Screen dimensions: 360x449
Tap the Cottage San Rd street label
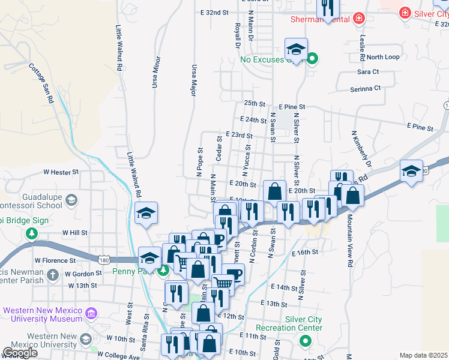[41, 83]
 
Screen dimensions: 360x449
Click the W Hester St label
[61, 172]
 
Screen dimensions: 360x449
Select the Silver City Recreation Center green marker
[306, 341]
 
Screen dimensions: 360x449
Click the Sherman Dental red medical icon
[359, 19]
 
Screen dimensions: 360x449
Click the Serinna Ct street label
[366, 88]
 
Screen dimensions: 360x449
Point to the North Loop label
[383, 57]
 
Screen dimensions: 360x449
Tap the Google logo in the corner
[20, 353]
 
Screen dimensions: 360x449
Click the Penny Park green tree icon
[163, 271]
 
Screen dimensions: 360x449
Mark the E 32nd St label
[215, 12]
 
